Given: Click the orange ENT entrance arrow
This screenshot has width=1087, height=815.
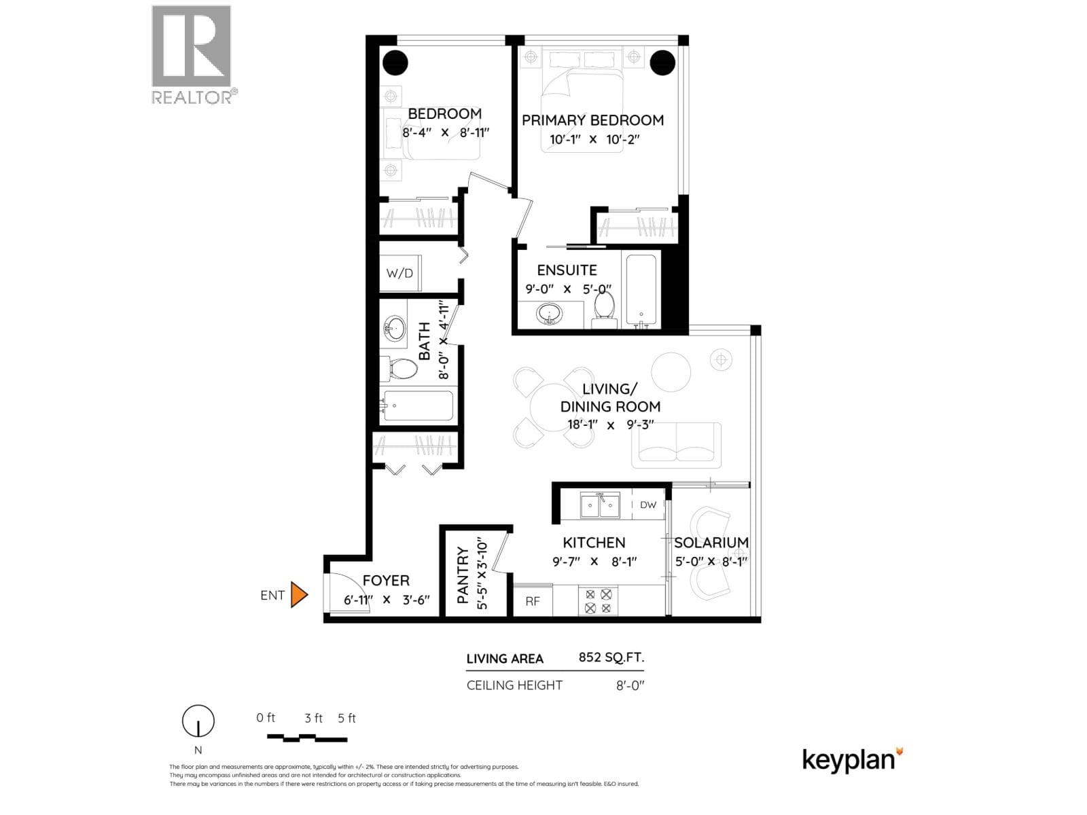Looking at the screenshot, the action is pyautogui.click(x=299, y=594).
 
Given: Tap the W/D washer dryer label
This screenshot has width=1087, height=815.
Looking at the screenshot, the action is pyautogui.click(x=399, y=273).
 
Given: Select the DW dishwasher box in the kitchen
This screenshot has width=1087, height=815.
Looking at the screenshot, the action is pyautogui.click(x=647, y=504).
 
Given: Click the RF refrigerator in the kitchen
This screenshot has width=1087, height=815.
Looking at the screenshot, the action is pyautogui.click(x=533, y=601).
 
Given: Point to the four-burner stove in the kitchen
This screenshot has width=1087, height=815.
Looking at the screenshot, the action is pyautogui.click(x=598, y=601).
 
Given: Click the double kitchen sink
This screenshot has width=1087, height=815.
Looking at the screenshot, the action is pyautogui.click(x=600, y=505).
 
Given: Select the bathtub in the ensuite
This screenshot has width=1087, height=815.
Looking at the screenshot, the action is pyautogui.click(x=641, y=290).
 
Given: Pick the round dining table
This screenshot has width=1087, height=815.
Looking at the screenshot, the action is pyautogui.click(x=554, y=407).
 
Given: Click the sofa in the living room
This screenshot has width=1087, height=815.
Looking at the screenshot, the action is pyautogui.click(x=676, y=445).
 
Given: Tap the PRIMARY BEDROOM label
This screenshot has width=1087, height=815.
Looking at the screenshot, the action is pyautogui.click(x=592, y=120).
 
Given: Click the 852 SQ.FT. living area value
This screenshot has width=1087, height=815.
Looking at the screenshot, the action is pyautogui.click(x=611, y=657).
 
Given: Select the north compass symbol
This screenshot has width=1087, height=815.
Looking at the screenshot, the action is pyautogui.click(x=198, y=721).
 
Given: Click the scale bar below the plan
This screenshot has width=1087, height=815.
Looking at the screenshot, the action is pyautogui.click(x=307, y=738).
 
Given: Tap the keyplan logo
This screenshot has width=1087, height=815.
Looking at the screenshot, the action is pyautogui.click(x=852, y=759).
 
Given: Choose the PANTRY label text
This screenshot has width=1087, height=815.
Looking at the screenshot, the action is pyautogui.click(x=463, y=575).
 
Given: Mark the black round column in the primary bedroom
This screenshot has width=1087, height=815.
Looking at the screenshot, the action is pyautogui.click(x=662, y=63).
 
